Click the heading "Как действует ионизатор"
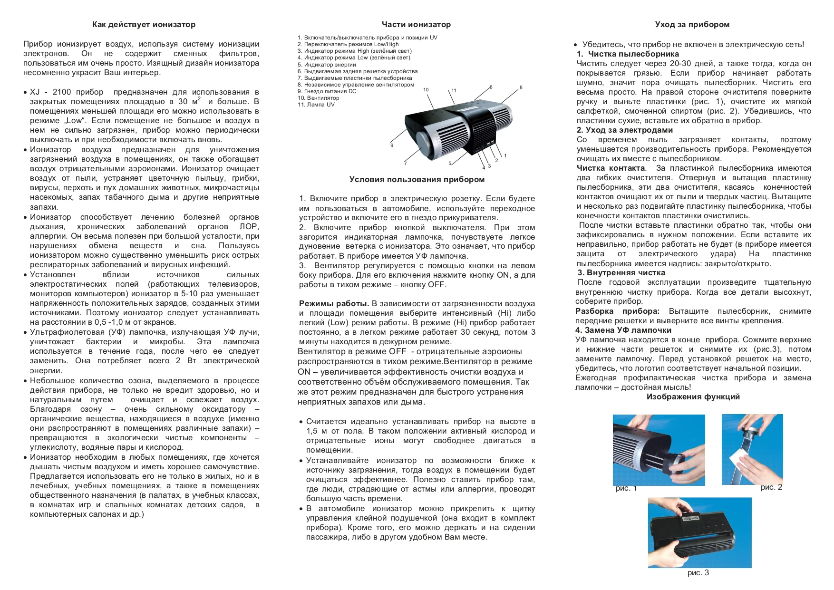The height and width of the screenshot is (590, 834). coord(144,24)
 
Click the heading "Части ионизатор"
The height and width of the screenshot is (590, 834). coord(416,24)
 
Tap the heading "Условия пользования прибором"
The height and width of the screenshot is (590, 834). coord(417,179)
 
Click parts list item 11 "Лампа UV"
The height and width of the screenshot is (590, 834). coord(316,105)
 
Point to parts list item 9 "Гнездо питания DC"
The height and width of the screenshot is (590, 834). coord(327,91)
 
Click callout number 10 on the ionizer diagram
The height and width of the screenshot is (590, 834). coord(426,89)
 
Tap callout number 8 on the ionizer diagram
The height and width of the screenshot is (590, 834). coord(521,87)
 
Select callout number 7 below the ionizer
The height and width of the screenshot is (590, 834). coord(405,164)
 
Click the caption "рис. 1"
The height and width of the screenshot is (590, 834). coord(626,488)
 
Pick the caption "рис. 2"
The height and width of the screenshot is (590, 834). coord(771,487)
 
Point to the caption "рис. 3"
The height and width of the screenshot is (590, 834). coord(698,572)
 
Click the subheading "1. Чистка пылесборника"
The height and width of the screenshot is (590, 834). coord(628,54)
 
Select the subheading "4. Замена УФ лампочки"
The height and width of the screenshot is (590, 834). coord(623,330)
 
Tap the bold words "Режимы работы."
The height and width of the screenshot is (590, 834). coord(334,303)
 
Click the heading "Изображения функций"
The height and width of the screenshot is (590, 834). coord(693,397)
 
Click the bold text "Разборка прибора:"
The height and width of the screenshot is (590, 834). coord(617,311)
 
